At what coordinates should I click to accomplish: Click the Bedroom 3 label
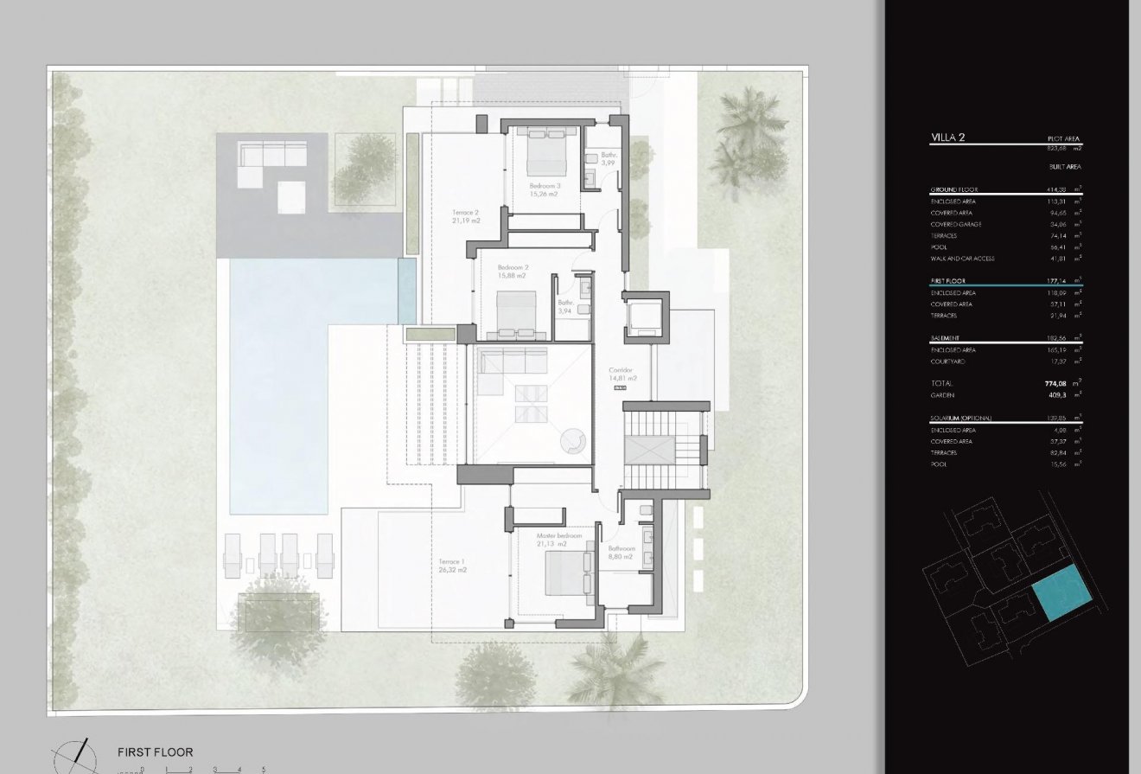tap(544, 190)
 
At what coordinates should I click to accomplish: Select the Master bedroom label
tap(559, 540)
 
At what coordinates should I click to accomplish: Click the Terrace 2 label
tap(465, 216)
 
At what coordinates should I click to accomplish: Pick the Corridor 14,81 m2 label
tap(621, 374)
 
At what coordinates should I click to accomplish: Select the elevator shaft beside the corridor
tap(644, 318)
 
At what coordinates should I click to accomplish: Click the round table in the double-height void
tap(573, 441)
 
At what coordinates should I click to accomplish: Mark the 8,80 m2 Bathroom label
tap(621, 553)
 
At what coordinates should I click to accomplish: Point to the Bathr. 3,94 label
tap(567, 306)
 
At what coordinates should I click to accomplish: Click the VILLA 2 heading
tap(948, 138)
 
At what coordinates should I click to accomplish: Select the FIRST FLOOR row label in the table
tap(948, 281)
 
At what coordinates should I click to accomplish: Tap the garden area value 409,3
tap(1060, 394)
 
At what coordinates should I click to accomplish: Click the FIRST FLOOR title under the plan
tap(156, 752)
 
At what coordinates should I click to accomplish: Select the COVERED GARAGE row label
tap(956, 224)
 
